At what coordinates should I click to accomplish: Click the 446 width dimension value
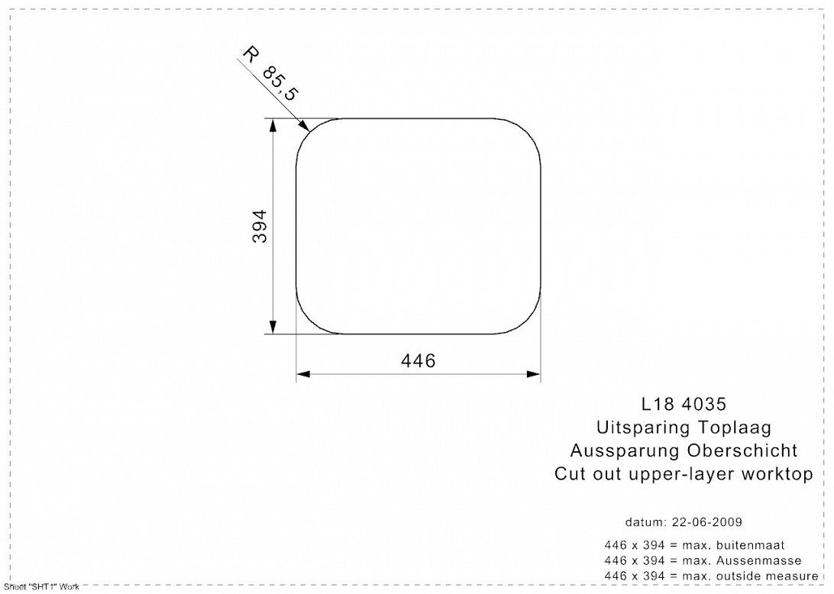(x=418, y=361)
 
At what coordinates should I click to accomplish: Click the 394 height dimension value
(x=260, y=227)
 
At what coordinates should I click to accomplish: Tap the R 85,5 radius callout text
(x=270, y=73)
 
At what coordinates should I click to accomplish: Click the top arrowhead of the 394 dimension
(x=273, y=124)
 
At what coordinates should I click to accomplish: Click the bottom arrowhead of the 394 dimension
(x=273, y=327)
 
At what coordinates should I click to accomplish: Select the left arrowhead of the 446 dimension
(x=303, y=374)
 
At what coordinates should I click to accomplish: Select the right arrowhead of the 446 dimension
(x=534, y=374)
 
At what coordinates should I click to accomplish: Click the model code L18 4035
(x=684, y=404)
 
